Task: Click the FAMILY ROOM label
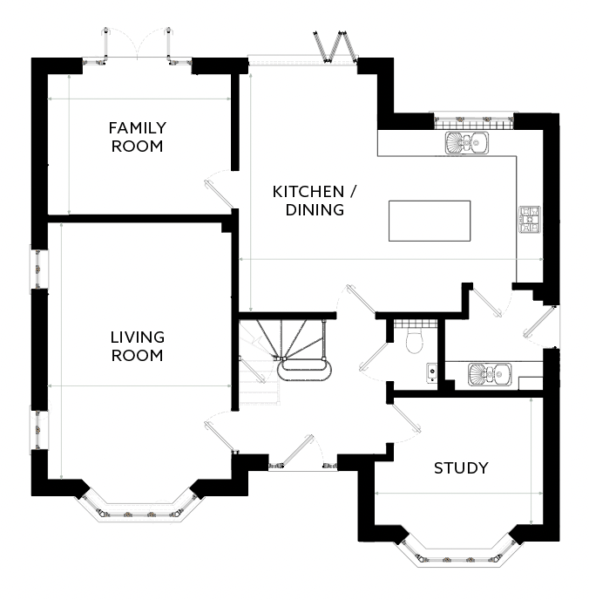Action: click(x=136, y=137)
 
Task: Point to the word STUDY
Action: click(x=461, y=468)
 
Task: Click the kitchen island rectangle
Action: click(x=429, y=222)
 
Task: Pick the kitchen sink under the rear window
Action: click(x=469, y=143)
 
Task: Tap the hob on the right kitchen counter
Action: click(x=529, y=221)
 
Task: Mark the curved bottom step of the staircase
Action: click(x=303, y=372)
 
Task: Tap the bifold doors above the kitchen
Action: click(x=332, y=47)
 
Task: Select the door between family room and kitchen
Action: click(x=218, y=193)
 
